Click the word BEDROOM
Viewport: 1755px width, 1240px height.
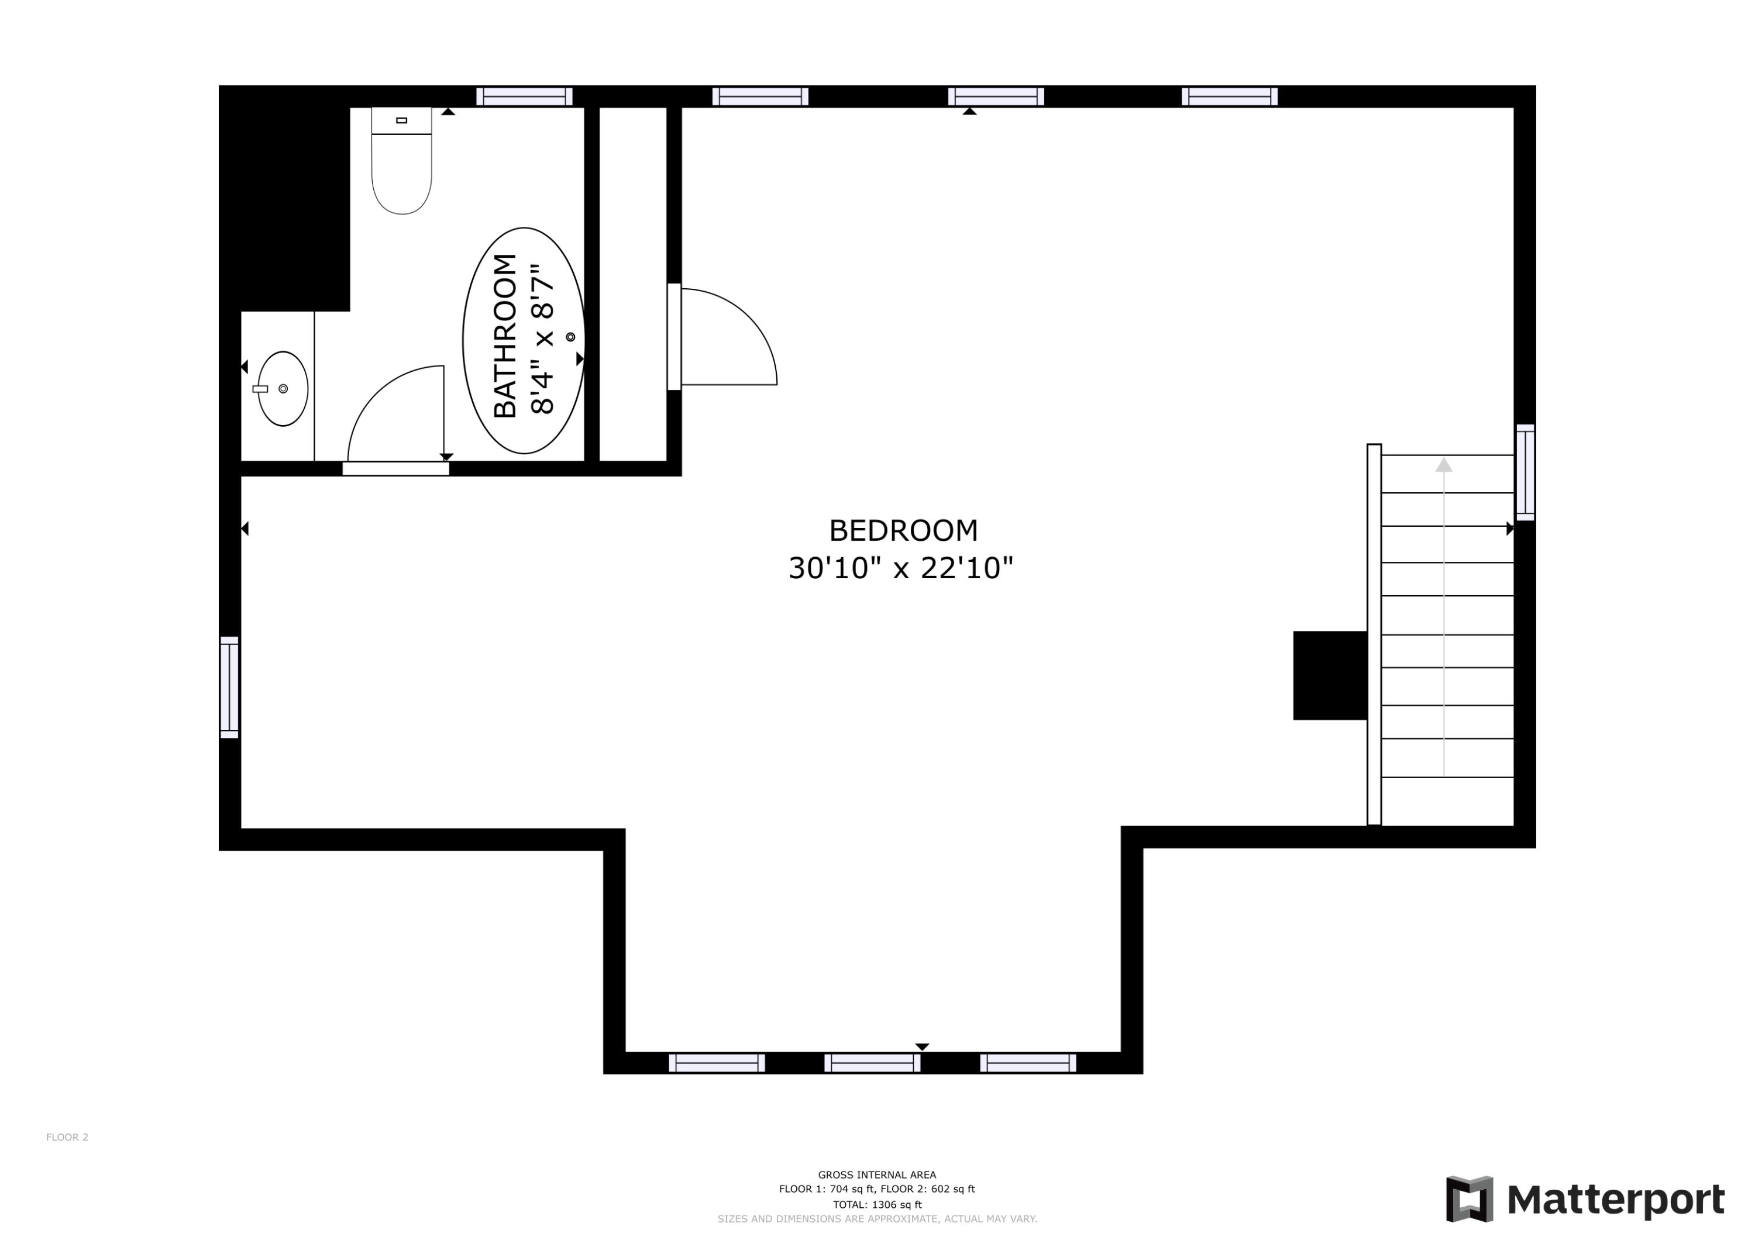click(903, 530)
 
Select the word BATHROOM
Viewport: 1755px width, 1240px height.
click(505, 336)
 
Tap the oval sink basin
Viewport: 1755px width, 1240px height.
click(283, 389)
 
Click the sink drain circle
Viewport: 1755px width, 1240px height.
click(283, 389)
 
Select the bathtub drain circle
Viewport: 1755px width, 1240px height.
click(570, 337)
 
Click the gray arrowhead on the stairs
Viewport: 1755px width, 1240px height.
click(1443, 465)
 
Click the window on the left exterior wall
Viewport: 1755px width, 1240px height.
click(229, 688)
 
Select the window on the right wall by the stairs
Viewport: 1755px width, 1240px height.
click(1525, 473)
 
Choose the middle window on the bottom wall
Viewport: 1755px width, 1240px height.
click(872, 1063)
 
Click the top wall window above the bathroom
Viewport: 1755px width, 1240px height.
click(524, 96)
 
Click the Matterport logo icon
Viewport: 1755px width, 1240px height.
click(1469, 1198)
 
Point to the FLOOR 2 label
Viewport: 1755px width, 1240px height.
click(67, 1137)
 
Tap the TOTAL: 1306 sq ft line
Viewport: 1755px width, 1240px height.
click(877, 1204)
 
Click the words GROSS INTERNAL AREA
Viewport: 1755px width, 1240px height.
click(877, 1175)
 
